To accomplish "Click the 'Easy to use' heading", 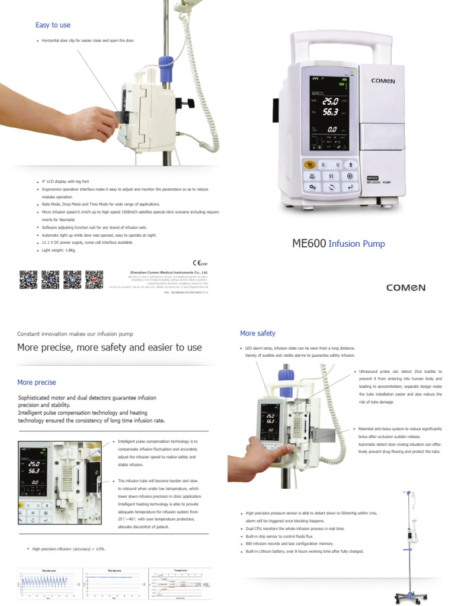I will tap(53, 25).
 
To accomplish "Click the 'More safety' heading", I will tap(257, 333).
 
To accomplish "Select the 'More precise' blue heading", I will tap(37, 382).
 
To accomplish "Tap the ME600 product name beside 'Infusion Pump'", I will tap(309, 243).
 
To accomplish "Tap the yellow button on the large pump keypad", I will tap(309, 165).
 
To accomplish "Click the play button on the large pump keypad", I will tap(350, 176).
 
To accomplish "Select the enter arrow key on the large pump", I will tap(350, 187).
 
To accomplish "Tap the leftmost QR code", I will tap(28, 279).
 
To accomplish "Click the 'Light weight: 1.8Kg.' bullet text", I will tap(59, 250).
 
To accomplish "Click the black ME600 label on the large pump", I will tap(373, 178).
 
